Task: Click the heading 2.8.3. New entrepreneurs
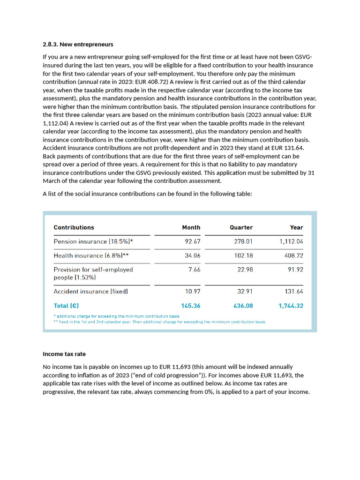pyautogui.click(x=78, y=45)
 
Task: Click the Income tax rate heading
pyautogui.click(x=64, y=354)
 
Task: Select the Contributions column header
pyautogui.click(x=74, y=227)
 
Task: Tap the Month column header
pyautogui.click(x=191, y=227)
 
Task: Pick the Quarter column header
pyautogui.click(x=241, y=227)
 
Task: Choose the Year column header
pyautogui.click(x=296, y=227)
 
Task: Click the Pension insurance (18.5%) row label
pyautogui.click(x=93, y=242)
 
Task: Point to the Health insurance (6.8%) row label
pyautogui.click(x=90, y=255)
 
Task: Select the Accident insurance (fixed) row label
pyautogui.click(x=90, y=292)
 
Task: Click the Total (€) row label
pyautogui.click(x=66, y=306)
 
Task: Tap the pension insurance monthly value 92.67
pyautogui.click(x=193, y=242)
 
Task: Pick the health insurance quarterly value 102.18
pyautogui.click(x=243, y=255)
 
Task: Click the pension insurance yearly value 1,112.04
pyautogui.click(x=291, y=242)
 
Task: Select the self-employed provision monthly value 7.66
pyautogui.click(x=194, y=270)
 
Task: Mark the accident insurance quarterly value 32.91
pyautogui.click(x=245, y=292)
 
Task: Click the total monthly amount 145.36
pyautogui.click(x=191, y=306)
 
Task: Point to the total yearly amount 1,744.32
pyautogui.click(x=291, y=306)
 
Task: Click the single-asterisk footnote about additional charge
pyautogui.click(x=117, y=316)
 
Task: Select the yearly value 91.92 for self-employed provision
pyautogui.click(x=295, y=270)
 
